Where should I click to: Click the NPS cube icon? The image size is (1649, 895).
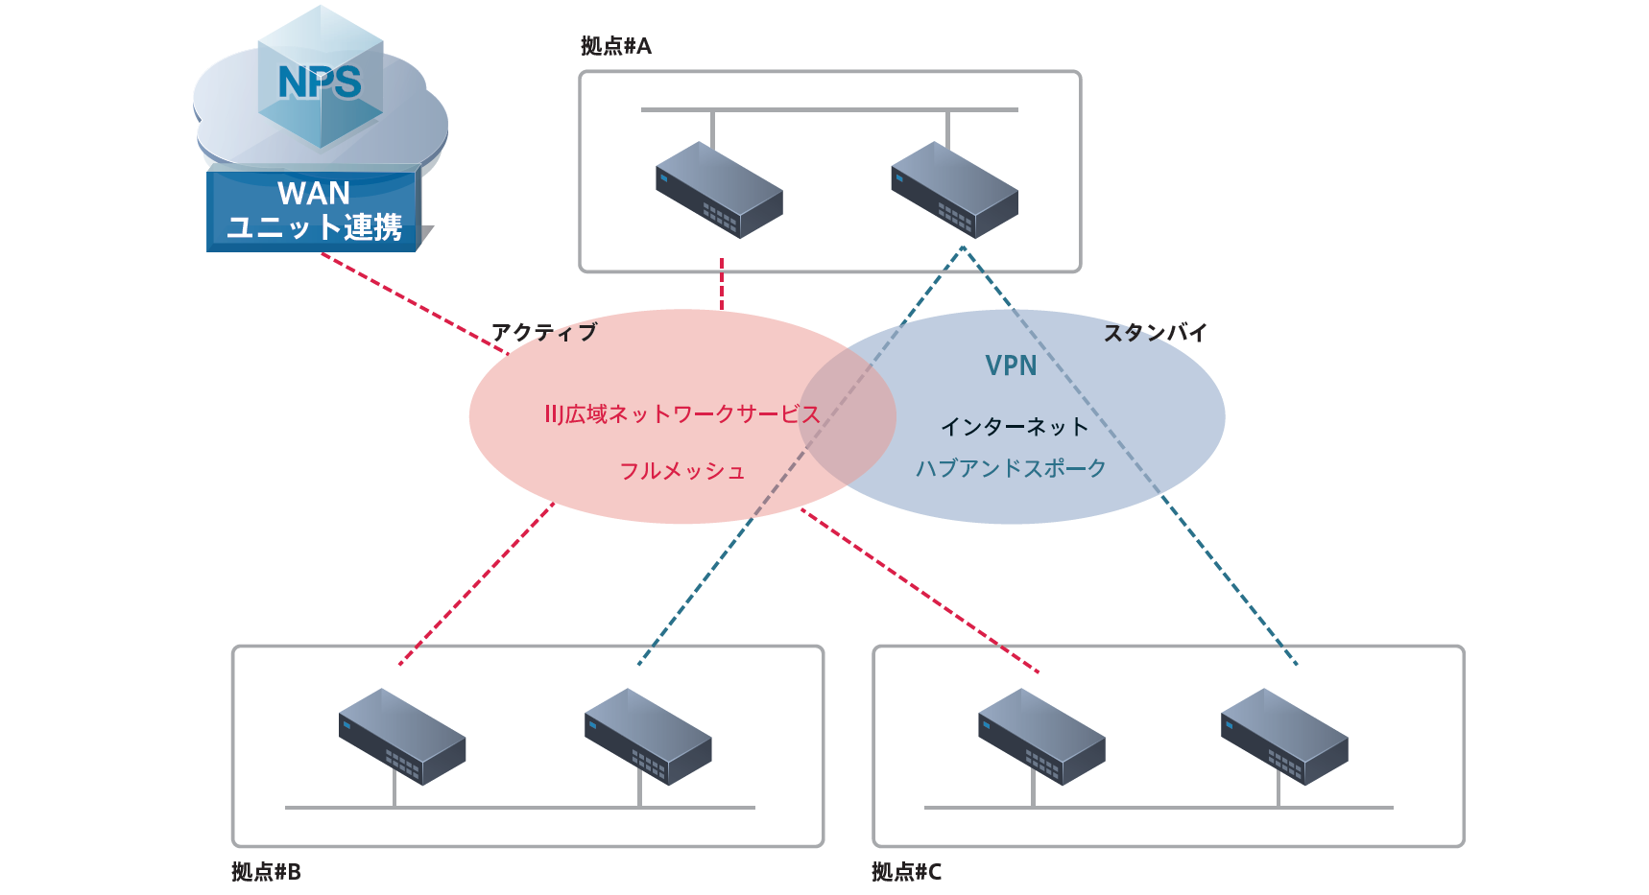(321, 82)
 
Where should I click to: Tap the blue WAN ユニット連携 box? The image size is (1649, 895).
(313, 210)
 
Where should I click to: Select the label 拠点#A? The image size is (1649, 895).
(615, 46)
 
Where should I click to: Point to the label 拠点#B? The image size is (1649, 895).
(266, 872)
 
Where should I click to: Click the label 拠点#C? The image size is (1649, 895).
(906, 872)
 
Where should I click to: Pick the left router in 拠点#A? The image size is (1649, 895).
(719, 190)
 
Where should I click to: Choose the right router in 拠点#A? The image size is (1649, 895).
(954, 190)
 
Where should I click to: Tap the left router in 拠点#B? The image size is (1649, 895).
(402, 737)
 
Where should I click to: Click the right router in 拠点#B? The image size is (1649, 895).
(648, 737)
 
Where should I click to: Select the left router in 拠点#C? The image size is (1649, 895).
(1041, 737)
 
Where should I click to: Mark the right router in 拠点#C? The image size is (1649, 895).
(1284, 737)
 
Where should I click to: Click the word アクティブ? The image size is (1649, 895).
(544, 332)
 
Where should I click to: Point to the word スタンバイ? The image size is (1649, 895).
(1155, 333)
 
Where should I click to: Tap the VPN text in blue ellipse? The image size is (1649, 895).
(1011, 365)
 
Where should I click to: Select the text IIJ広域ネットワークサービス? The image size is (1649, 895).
(681, 414)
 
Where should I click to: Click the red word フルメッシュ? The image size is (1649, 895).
(681, 471)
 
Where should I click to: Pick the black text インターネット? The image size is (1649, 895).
(1014, 427)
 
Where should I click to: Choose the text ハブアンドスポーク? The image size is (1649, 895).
(1011, 468)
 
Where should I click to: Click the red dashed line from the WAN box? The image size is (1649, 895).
(413, 302)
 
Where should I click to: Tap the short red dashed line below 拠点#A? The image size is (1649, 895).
(722, 284)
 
